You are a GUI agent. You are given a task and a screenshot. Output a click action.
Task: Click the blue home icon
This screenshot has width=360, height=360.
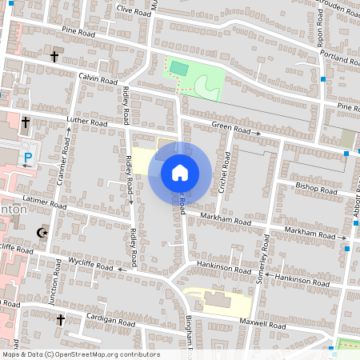click(x=180, y=172)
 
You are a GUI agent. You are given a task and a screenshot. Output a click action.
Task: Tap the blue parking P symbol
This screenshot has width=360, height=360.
click(x=29, y=158)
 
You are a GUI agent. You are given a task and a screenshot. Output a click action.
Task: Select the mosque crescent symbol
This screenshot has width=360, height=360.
click(x=42, y=233)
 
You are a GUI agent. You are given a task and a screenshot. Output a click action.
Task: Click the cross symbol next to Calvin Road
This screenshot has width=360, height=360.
click(x=54, y=57)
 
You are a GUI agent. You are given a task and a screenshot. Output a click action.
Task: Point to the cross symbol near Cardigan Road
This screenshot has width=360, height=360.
click(x=60, y=320)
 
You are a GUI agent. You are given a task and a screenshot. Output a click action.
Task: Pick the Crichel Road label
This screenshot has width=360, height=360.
click(x=225, y=174)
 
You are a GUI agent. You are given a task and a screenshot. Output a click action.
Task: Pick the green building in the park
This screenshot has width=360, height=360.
click(x=179, y=70)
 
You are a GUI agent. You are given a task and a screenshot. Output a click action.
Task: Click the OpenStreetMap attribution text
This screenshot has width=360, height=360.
click(x=80, y=354)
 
